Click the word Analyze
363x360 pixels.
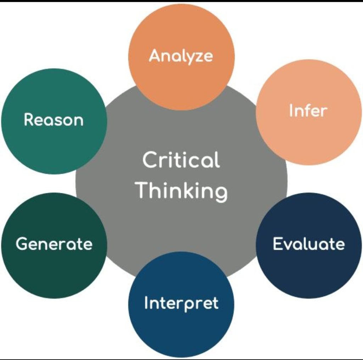click(x=181, y=56)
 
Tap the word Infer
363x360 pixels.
click(x=308, y=111)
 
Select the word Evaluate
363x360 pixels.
click(x=308, y=244)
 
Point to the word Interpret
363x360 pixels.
click(x=181, y=304)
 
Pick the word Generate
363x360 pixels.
click(x=54, y=244)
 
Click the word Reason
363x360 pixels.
click(x=54, y=120)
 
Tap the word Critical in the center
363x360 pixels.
click(x=181, y=160)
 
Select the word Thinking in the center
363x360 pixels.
click(x=182, y=190)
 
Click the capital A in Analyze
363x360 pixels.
click(x=155, y=56)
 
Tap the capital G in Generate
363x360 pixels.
click(x=22, y=244)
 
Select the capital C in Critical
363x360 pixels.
click(x=150, y=160)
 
